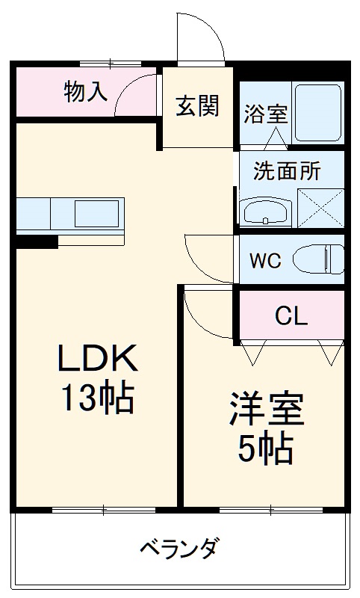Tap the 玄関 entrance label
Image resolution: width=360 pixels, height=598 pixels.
tap(197, 105)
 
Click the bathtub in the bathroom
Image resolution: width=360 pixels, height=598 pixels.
tap(317, 113)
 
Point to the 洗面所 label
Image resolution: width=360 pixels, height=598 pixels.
tap(287, 170)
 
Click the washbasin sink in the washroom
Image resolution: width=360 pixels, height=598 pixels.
tap(266, 210)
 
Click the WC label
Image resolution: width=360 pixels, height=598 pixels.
tap(265, 261)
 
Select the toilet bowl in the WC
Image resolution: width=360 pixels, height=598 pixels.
tap(317, 260)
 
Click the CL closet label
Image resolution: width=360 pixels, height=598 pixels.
tap(291, 316)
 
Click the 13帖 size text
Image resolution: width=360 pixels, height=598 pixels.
tap(97, 400)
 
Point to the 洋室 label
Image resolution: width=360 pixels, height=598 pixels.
tap(265, 410)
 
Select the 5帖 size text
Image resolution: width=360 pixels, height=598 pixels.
tap(265, 449)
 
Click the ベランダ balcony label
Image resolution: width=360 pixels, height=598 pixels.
tap(179, 549)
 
